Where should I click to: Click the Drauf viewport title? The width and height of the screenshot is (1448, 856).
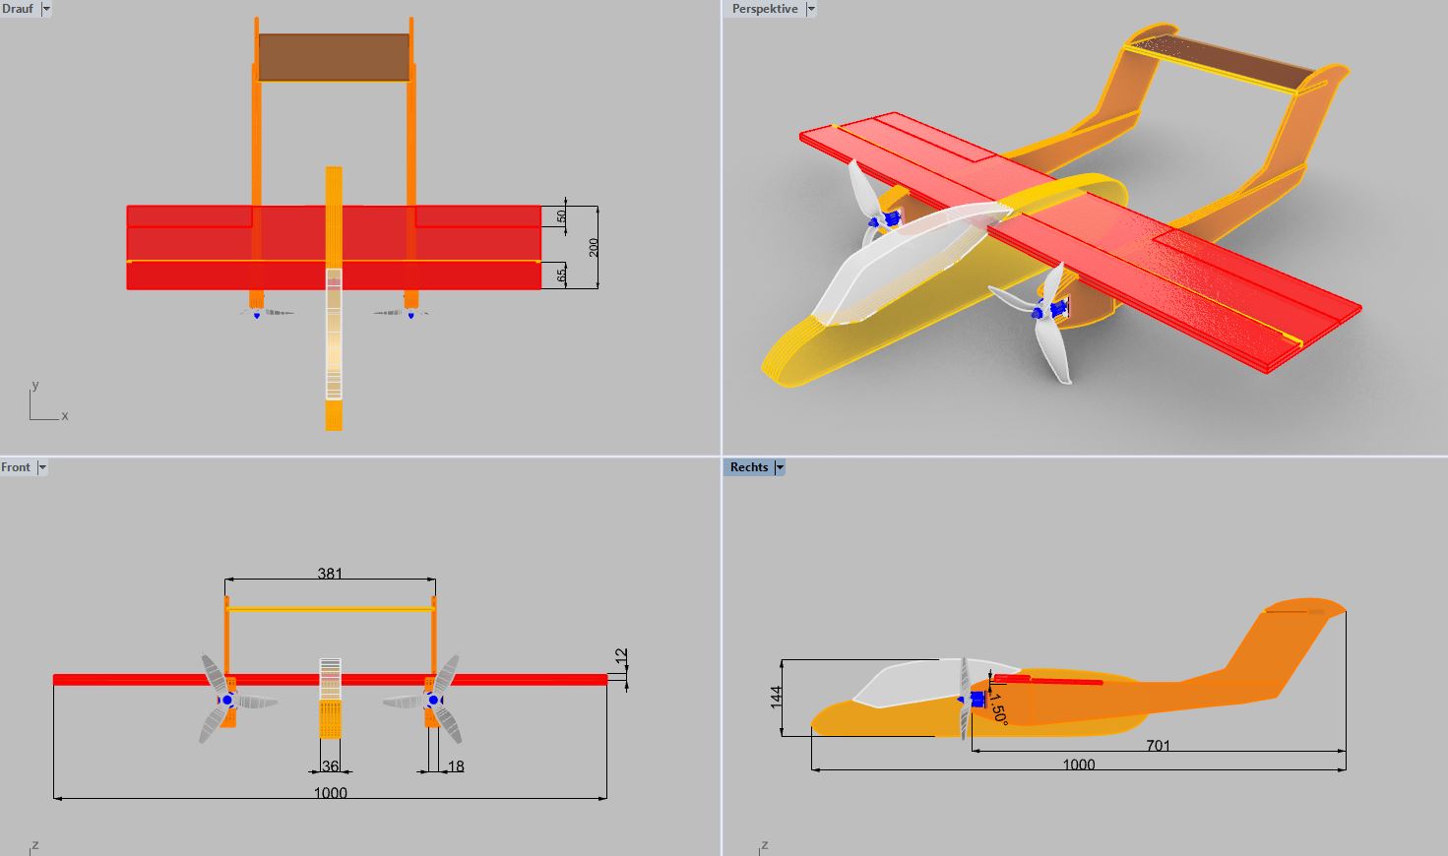(x=18, y=9)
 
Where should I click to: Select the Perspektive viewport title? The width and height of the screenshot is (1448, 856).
(x=765, y=9)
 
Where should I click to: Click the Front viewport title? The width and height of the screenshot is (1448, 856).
(x=16, y=467)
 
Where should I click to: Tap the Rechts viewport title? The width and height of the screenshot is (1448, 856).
(x=749, y=467)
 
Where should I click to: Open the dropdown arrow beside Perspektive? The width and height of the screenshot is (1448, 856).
(x=811, y=9)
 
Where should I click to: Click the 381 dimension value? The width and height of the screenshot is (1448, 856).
(x=330, y=573)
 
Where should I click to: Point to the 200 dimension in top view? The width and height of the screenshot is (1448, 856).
(x=594, y=247)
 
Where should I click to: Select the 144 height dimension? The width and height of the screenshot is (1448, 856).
(x=776, y=698)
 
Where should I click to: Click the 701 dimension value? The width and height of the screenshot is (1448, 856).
(x=1159, y=746)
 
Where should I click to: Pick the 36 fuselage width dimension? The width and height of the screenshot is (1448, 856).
(x=330, y=766)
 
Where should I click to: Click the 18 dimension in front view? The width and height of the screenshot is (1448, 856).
(x=456, y=766)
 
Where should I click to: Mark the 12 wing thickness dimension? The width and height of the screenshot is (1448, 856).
(x=621, y=655)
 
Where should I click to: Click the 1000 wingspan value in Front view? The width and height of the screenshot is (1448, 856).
(x=330, y=793)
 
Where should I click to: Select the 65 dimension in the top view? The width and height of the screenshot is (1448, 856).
(x=562, y=276)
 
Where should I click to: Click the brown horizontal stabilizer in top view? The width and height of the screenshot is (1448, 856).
(x=334, y=57)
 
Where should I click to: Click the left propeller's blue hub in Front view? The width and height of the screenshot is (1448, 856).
(x=227, y=700)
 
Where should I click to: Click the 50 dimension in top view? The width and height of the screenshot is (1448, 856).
(x=562, y=215)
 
